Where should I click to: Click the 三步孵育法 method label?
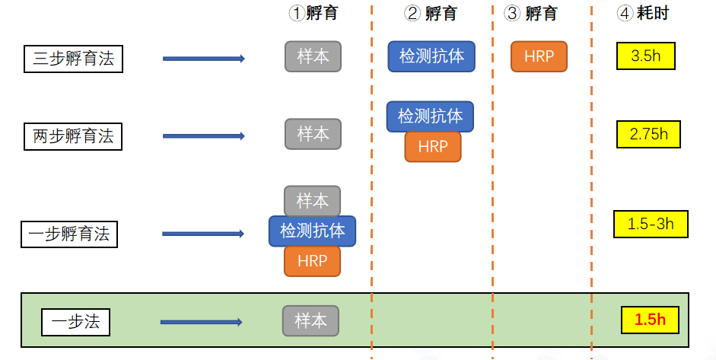tap(74, 59)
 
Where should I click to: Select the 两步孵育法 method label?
tap(73, 136)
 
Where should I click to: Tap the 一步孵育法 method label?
tap(68, 234)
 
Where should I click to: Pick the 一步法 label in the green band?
tap(75, 321)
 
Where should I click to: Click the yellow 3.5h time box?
tap(645, 56)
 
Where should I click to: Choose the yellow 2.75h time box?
tap(648, 134)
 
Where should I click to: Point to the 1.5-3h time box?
tap(651, 224)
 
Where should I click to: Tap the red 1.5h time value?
tap(650, 320)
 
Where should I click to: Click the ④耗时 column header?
tap(642, 13)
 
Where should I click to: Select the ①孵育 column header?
tap(313, 13)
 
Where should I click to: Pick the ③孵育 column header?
tap(530, 13)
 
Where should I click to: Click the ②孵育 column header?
tap(431, 13)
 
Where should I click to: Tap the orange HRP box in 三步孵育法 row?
tap(539, 56)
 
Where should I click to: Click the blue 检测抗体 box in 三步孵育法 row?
tap(431, 56)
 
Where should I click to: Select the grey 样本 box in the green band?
tap(310, 320)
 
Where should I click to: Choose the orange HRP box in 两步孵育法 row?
tap(432, 147)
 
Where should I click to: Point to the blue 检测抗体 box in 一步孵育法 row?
tap(312, 231)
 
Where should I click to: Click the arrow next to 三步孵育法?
tap(203, 59)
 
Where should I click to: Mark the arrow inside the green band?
tap(201, 322)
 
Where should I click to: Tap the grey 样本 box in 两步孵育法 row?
tap(313, 134)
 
